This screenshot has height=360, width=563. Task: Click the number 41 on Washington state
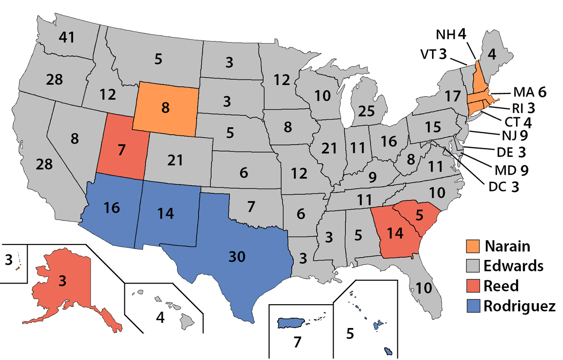pos(68,38)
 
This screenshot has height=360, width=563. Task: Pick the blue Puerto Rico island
pos(291,323)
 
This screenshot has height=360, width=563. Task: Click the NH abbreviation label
pos(445,35)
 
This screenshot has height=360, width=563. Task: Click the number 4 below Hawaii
pos(160,318)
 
